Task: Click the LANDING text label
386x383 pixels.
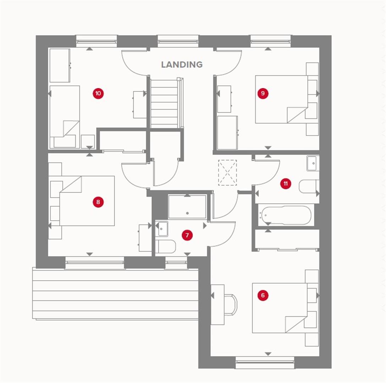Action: click(x=182, y=65)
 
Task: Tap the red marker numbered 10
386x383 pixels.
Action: click(x=98, y=94)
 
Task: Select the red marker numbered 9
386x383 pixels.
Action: click(x=263, y=94)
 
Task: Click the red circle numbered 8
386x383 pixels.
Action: click(x=98, y=202)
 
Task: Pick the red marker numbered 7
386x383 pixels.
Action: click(x=187, y=235)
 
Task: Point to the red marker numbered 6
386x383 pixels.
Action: click(x=263, y=295)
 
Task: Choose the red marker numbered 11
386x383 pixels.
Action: click(x=285, y=184)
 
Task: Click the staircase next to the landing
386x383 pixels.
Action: click(x=164, y=103)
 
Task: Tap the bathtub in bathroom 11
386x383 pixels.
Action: click(x=286, y=215)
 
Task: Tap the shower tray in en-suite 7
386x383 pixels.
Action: click(x=187, y=207)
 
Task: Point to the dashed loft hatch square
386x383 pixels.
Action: click(x=227, y=173)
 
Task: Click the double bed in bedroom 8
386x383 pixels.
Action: click(x=87, y=201)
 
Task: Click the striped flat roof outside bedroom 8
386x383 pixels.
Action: click(x=115, y=294)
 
